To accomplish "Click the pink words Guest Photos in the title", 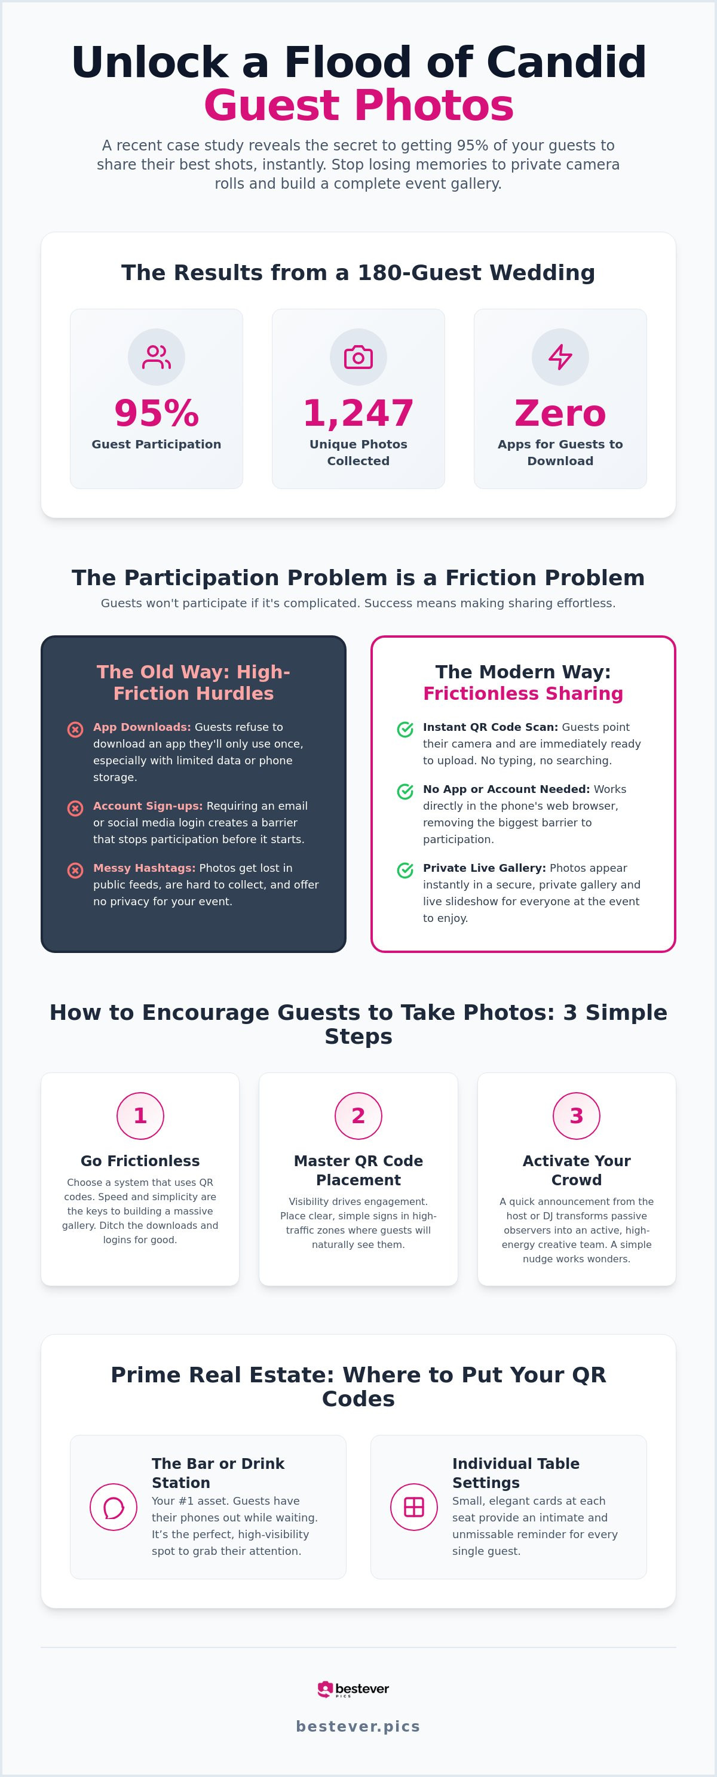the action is [358, 105].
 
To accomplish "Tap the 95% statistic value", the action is [157, 413].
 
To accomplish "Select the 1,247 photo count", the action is [358, 413].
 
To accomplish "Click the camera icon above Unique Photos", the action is [358, 356].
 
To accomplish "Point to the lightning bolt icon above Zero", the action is [560, 356].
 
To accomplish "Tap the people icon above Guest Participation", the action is [157, 356].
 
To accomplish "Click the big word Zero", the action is [560, 413].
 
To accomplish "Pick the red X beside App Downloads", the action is [75, 729].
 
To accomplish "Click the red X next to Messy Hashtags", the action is [75, 870].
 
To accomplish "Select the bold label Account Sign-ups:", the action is [148, 806].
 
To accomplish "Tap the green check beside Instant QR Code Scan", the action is [405, 729].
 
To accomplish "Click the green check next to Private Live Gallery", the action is [405, 870].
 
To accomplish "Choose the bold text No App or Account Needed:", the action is [506, 789].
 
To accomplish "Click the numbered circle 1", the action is [140, 1115].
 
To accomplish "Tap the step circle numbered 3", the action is [576, 1115].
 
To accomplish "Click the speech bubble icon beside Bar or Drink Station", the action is [113, 1507].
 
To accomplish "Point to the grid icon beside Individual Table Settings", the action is [414, 1507].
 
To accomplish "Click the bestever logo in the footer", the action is [353, 1689].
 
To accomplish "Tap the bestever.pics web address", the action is [358, 1726].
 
